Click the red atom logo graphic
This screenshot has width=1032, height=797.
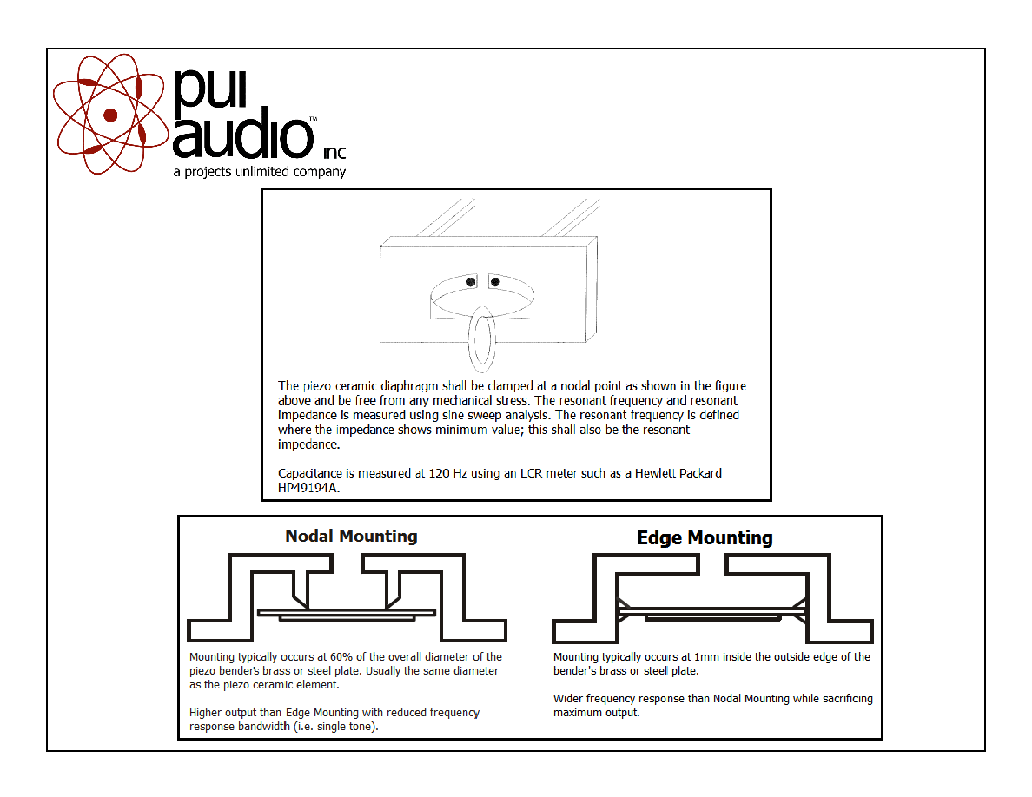(x=110, y=115)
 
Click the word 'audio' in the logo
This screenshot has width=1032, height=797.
(x=243, y=135)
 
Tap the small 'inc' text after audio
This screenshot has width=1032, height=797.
(x=334, y=153)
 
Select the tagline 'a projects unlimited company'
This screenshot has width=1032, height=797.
(x=260, y=172)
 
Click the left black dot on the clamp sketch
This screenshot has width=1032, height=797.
(x=471, y=281)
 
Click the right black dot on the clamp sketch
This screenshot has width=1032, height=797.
(x=495, y=281)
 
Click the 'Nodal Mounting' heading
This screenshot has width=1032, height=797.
(x=351, y=536)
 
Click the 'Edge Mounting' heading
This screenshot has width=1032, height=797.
(x=705, y=538)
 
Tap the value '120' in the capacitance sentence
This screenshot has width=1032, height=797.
(x=439, y=473)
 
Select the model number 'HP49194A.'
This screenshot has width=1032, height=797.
(x=308, y=488)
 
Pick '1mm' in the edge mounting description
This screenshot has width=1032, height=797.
(x=705, y=656)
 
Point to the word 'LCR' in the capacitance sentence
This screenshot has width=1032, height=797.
(x=532, y=473)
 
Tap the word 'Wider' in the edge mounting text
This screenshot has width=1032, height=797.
(x=567, y=698)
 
